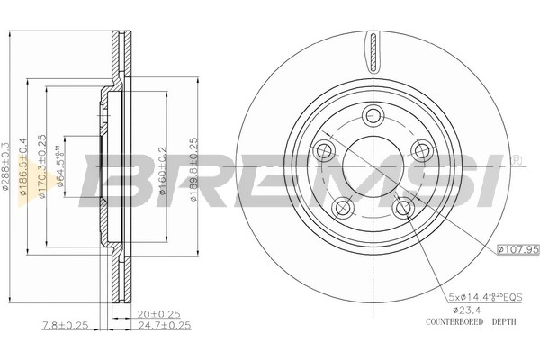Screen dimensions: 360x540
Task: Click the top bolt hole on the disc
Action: point(373,115)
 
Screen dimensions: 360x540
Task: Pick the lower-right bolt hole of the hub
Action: point(402,209)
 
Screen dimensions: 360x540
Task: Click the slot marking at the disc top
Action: point(373,50)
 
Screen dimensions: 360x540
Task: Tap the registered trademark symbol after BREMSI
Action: point(516,162)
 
